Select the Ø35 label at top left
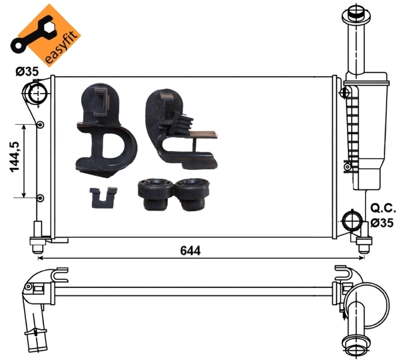pyautogui.click(x=26, y=71)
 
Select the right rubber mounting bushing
pyautogui.click(x=193, y=193)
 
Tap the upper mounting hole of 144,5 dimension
pyautogui.click(x=40, y=125)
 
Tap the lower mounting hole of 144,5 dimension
pyautogui.click(x=40, y=198)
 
